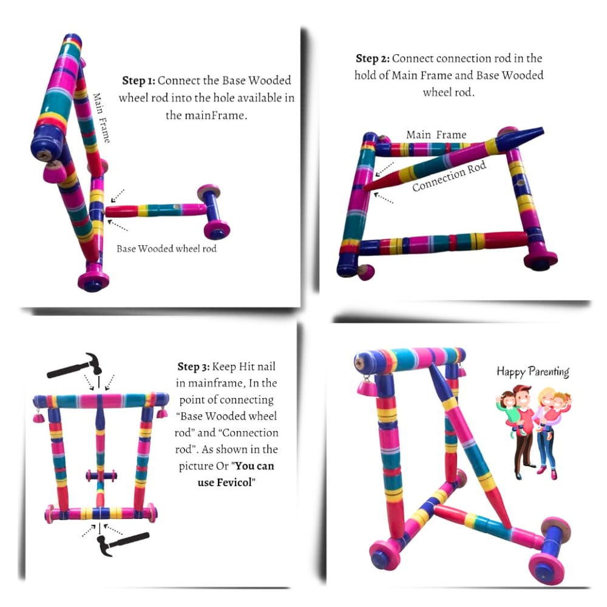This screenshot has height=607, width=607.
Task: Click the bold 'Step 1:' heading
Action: [x=138, y=81]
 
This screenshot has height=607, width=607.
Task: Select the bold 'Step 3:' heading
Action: [x=194, y=367]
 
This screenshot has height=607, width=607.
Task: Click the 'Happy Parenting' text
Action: [x=533, y=371]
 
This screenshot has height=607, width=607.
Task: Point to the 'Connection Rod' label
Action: [x=449, y=177]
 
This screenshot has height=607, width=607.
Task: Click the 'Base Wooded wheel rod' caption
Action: [x=166, y=248]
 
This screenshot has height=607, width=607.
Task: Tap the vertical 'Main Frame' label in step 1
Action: [x=101, y=118]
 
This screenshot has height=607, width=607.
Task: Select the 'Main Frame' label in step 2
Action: [x=436, y=135]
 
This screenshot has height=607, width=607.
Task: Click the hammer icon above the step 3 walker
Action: [x=75, y=365]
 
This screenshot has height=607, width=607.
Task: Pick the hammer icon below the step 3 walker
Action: [x=123, y=543]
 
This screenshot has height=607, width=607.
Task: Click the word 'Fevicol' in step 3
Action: [x=234, y=483]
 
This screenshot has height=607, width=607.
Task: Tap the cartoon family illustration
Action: [x=534, y=432]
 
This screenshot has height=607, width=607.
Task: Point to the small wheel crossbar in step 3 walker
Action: [x=101, y=475]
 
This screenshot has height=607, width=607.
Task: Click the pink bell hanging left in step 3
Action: [x=38, y=416]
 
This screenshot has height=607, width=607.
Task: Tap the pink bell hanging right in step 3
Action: [x=162, y=412]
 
